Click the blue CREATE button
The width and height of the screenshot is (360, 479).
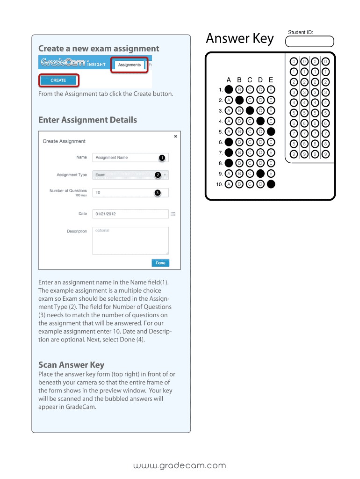[x=58, y=80]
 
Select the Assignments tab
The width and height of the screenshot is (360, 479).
[x=129, y=65]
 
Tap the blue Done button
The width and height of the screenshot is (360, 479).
[x=160, y=263]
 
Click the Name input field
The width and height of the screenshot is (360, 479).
[x=130, y=158]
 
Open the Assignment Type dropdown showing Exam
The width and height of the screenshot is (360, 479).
[x=130, y=175]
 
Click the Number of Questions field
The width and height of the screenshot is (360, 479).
[x=130, y=193]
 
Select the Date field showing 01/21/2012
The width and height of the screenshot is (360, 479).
[x=130, y=214]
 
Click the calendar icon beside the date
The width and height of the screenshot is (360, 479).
[x=173, y=214]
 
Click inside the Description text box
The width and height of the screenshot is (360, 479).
[x=130, y=240]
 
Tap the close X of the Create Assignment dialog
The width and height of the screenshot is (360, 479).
[x=175, y=137]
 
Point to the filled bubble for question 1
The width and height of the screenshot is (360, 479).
[x=229, y=89]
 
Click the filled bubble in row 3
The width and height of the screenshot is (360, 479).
[x=250, y=110]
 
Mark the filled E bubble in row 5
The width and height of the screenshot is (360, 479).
[x=271, y=131]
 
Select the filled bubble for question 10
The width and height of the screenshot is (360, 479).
[x=271, y=184]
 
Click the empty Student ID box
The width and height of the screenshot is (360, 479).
[x=310, y=42]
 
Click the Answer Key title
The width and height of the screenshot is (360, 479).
[x=240, y=39]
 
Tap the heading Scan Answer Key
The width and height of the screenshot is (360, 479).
[x=71, y=365]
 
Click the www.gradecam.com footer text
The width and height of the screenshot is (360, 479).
[x=180, y=465]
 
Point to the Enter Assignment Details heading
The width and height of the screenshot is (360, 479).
[x=87, y=120]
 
